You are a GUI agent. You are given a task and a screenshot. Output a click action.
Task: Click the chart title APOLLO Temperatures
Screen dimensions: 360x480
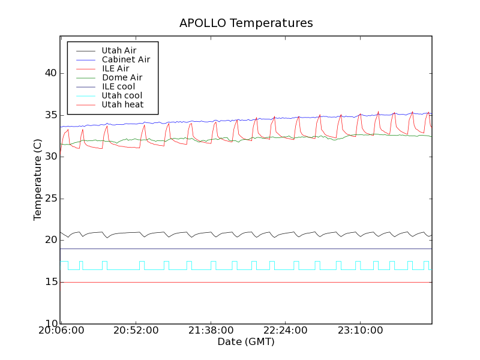coord(246,23)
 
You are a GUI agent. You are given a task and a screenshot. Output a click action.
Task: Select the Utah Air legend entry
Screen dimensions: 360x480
coord(119,50)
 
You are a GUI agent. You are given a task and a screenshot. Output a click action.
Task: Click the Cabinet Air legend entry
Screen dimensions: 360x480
coord(125,59)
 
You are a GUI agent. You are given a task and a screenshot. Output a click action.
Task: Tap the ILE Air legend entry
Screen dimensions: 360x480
coord(115,68)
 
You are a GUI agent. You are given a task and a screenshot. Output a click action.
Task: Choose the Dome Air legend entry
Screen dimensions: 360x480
coord(122,77)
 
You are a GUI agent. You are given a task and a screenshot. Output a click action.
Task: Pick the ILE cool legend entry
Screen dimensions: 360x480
coord(118,86)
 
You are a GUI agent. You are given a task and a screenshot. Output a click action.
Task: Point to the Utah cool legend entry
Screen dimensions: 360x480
coord(122,95)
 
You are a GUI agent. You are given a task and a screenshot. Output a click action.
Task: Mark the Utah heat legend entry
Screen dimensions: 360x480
coord(122,104)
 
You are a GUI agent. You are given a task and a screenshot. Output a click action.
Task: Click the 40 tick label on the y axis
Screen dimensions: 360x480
coord(50,73)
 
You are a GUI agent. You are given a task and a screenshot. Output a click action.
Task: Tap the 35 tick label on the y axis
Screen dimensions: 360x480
coord(50,115)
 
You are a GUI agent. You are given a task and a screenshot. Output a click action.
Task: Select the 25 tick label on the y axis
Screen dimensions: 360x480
coord(50,199)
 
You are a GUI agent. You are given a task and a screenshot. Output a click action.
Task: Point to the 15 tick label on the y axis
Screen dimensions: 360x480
coord(50,282)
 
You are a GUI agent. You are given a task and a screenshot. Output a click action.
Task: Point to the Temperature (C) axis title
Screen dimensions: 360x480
coord(38,179)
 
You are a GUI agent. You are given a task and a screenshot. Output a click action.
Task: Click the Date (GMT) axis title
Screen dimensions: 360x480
coord(246,342)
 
